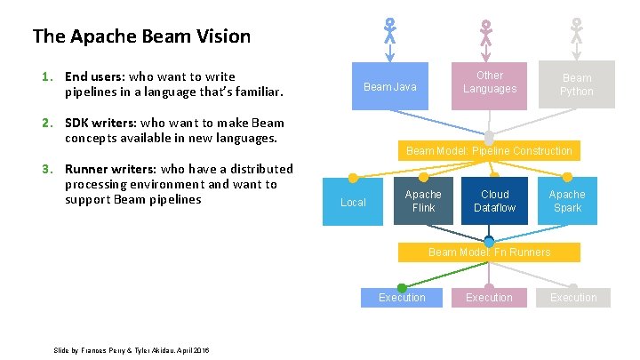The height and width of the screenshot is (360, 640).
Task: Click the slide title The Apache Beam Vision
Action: pyautogui.click(x=141, y=36)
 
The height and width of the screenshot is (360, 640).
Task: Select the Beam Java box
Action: pyautogui.click(x=390, y=87)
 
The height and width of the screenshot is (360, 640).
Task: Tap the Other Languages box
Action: pyautogui.click(x=489, y=83)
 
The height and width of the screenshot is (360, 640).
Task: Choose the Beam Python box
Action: pyautogui.click(x=576, y=84)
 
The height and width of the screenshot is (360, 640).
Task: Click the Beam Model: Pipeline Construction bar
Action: pyautogui.click(x=489, y=151)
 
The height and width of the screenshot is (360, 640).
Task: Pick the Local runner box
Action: pyautogui.click(x=353, y=202)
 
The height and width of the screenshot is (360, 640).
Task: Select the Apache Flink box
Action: pyautogui.click(x=423, y=201)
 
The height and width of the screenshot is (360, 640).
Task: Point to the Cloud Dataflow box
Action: pyautogui.click(x=494, y=201)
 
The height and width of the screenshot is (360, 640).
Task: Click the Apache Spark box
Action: pyautogui.click(x=567, y=201)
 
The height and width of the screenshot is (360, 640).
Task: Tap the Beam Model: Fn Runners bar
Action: pyautogui.click(x=489, y=252)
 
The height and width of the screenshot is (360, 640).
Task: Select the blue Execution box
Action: pyautogui.click(x=402, y=298)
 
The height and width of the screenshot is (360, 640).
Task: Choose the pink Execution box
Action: pyautogui.click(x=489, y=298)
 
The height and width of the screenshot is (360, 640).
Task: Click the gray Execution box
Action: pyautogui.click(x=573, y=298)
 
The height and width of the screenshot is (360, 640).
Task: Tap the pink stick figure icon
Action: pyautogui.click(x=485, y=33)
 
